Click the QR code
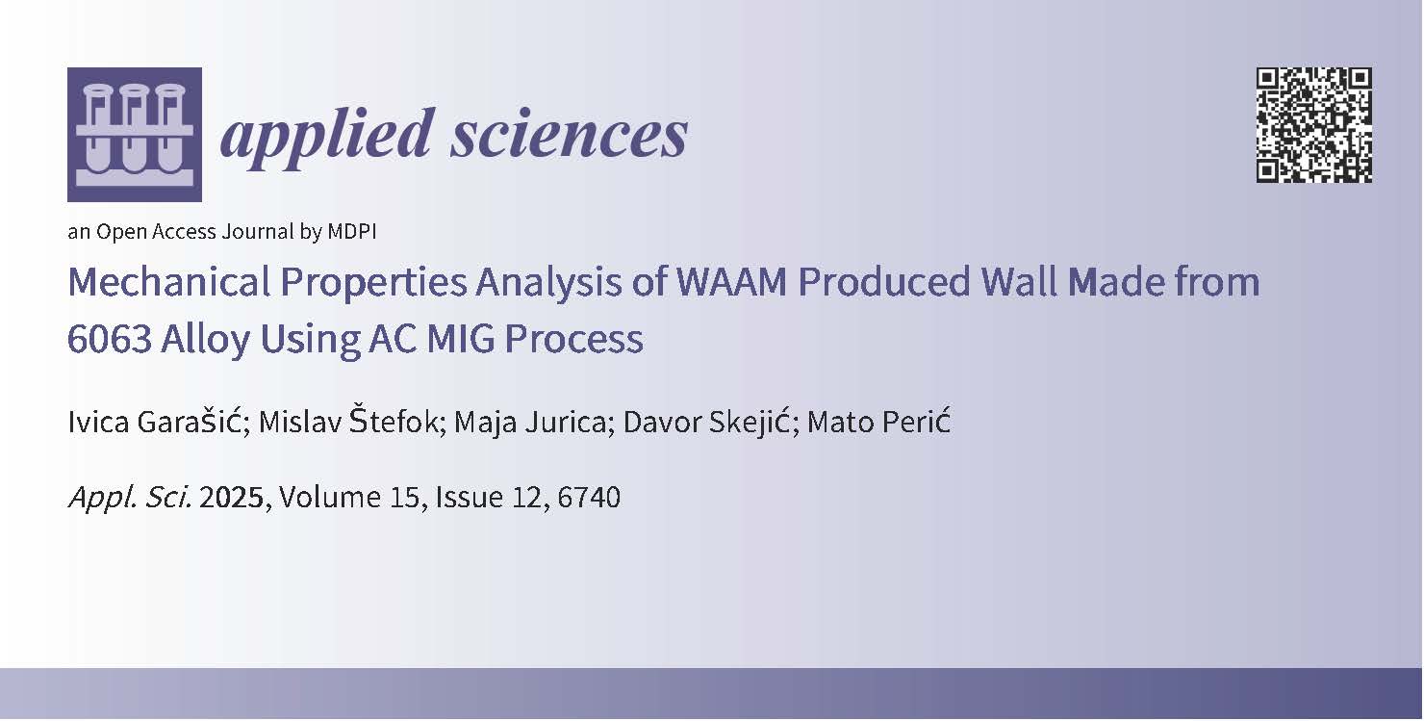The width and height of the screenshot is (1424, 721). click(x=1313, y=125)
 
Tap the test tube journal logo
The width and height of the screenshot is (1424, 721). click(x=135, y=135)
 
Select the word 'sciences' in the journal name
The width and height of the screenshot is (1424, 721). click(x=570, y=135)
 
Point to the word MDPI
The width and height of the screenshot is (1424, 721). click(x=352, y=231)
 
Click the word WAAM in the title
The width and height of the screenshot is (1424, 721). click(x=731, y=282)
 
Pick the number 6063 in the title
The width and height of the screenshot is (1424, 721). click(x=110, y=339)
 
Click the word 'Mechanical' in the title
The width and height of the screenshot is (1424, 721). click(x=169, y=282)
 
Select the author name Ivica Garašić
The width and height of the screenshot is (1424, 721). click(x=159, y=422)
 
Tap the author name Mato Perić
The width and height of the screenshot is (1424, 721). click(x=878, y=423)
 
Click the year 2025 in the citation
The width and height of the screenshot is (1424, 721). click(x=231, y=498)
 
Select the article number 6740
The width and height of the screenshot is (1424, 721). click(x=589, y=498)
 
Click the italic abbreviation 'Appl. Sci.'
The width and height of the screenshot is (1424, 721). click(x=130, y=498)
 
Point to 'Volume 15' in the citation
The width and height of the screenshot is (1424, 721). click(x=349, y=498)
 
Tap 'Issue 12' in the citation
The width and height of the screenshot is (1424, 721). click(x=489, y=498)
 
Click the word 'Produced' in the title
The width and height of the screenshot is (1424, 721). click(x=884, y=282)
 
